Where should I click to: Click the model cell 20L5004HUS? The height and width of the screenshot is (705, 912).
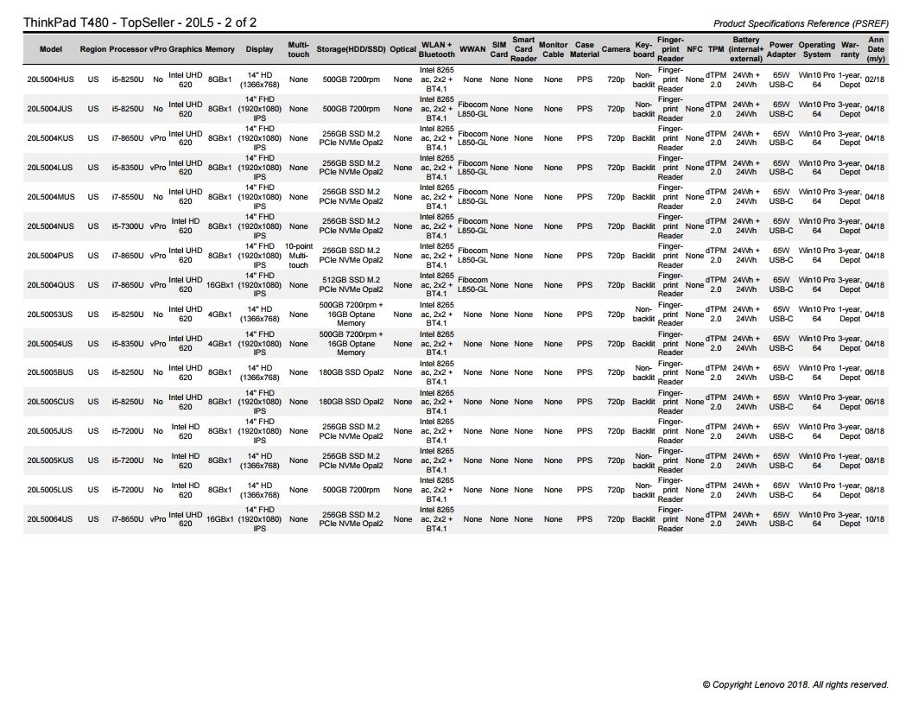[50, 79]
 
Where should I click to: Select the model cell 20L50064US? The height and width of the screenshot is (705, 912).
[50, 519]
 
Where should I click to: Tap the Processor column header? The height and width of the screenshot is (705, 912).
[128, 49]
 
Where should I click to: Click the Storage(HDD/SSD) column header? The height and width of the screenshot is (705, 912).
[351, 49]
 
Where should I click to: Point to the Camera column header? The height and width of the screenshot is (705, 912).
[616, 49]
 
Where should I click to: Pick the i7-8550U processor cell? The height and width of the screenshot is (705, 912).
[128, 197]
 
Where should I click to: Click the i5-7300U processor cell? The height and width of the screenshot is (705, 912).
[128, 226]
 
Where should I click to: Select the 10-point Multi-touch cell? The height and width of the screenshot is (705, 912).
[299, 256]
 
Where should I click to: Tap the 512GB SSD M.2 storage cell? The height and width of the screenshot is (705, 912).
[351, 285]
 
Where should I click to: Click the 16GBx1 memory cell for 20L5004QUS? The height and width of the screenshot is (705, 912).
[219, 285]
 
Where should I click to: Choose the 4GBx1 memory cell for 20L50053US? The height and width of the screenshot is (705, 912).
[219, 314]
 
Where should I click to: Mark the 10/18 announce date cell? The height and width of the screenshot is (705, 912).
[875, 519]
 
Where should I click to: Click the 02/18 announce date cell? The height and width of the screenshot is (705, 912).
[875, 79]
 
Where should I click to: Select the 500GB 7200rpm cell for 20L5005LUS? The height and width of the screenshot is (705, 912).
[351, 490]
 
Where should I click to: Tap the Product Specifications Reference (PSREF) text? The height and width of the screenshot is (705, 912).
[801, 23]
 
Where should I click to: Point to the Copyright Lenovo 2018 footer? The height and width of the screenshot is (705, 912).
[795, 684]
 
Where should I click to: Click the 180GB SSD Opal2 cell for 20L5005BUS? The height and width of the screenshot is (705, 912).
[351, 373]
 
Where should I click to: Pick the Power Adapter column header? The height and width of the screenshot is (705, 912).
[781, 49]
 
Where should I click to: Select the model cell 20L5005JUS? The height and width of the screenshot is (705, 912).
[50, 431]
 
